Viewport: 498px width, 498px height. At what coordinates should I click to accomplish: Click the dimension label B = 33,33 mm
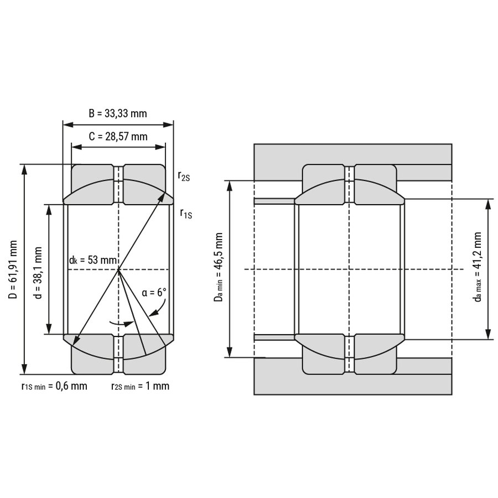point(117,113)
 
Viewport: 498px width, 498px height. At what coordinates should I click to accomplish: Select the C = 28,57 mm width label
point(118,137)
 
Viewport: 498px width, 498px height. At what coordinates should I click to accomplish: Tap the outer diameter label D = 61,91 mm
point(13,269)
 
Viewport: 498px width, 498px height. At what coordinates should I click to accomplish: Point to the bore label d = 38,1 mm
point(38,273)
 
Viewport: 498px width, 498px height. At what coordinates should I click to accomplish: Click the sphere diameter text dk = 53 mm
point(93,260)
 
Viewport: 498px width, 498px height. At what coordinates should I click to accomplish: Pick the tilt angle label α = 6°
point(154,292)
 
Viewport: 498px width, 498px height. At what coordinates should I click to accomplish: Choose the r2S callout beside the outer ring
point(184,176)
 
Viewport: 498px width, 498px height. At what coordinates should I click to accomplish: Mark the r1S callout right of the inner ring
point(186,214)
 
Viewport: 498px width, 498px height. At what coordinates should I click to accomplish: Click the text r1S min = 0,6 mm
point(54,386)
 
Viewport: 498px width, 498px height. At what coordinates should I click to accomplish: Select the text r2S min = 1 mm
point(140,386)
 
